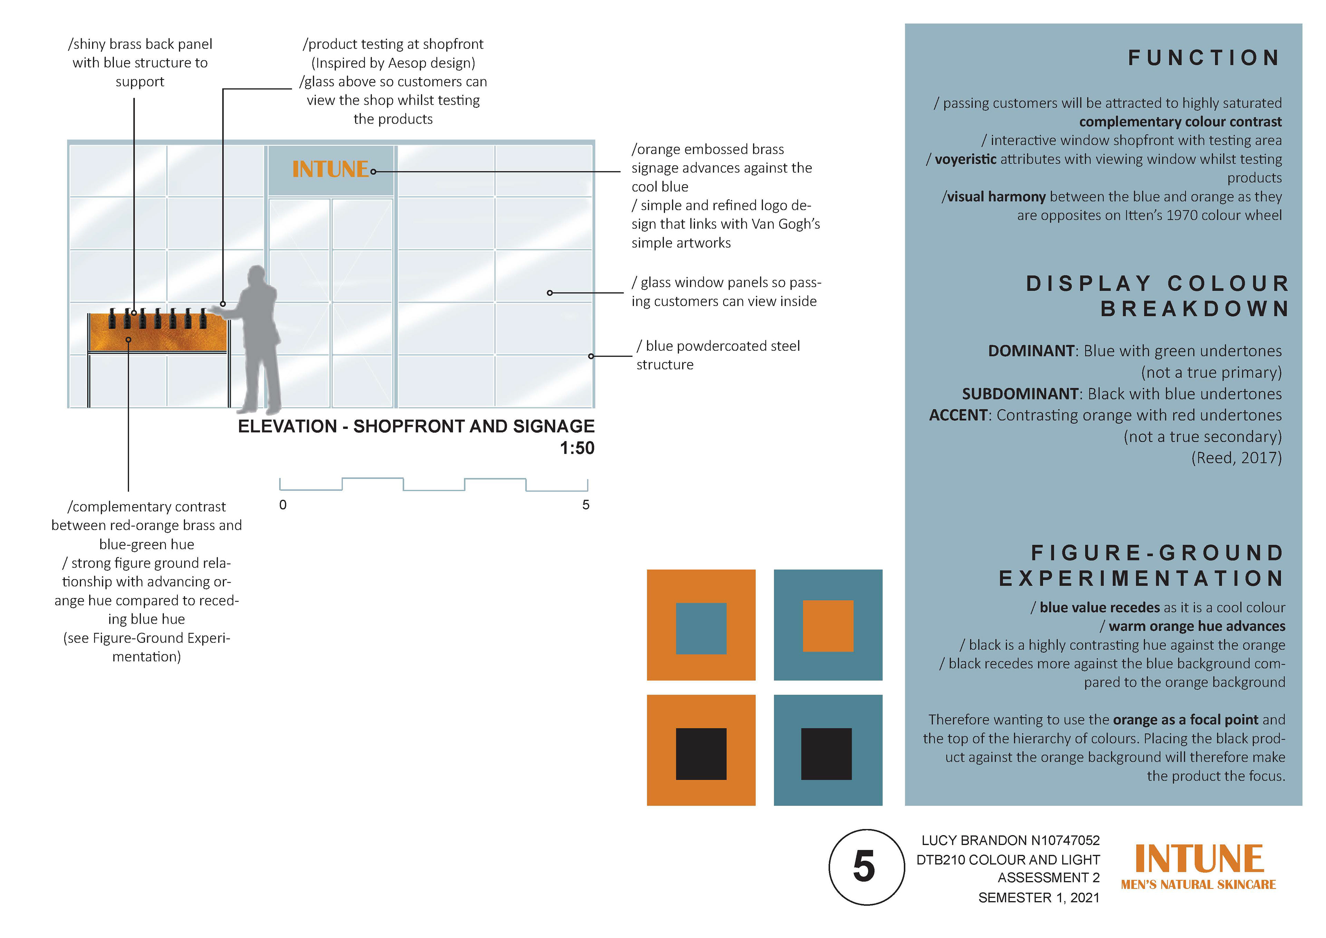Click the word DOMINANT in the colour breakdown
point(1031,351)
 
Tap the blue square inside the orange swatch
point(701,629)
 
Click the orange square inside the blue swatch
point(828,626)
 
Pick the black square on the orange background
point(701,754)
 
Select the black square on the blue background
point(826,754)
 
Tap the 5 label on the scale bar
point(586,505)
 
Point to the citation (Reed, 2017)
point(1236,458)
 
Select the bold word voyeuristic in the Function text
point(965,160)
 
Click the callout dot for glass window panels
point(550,293)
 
